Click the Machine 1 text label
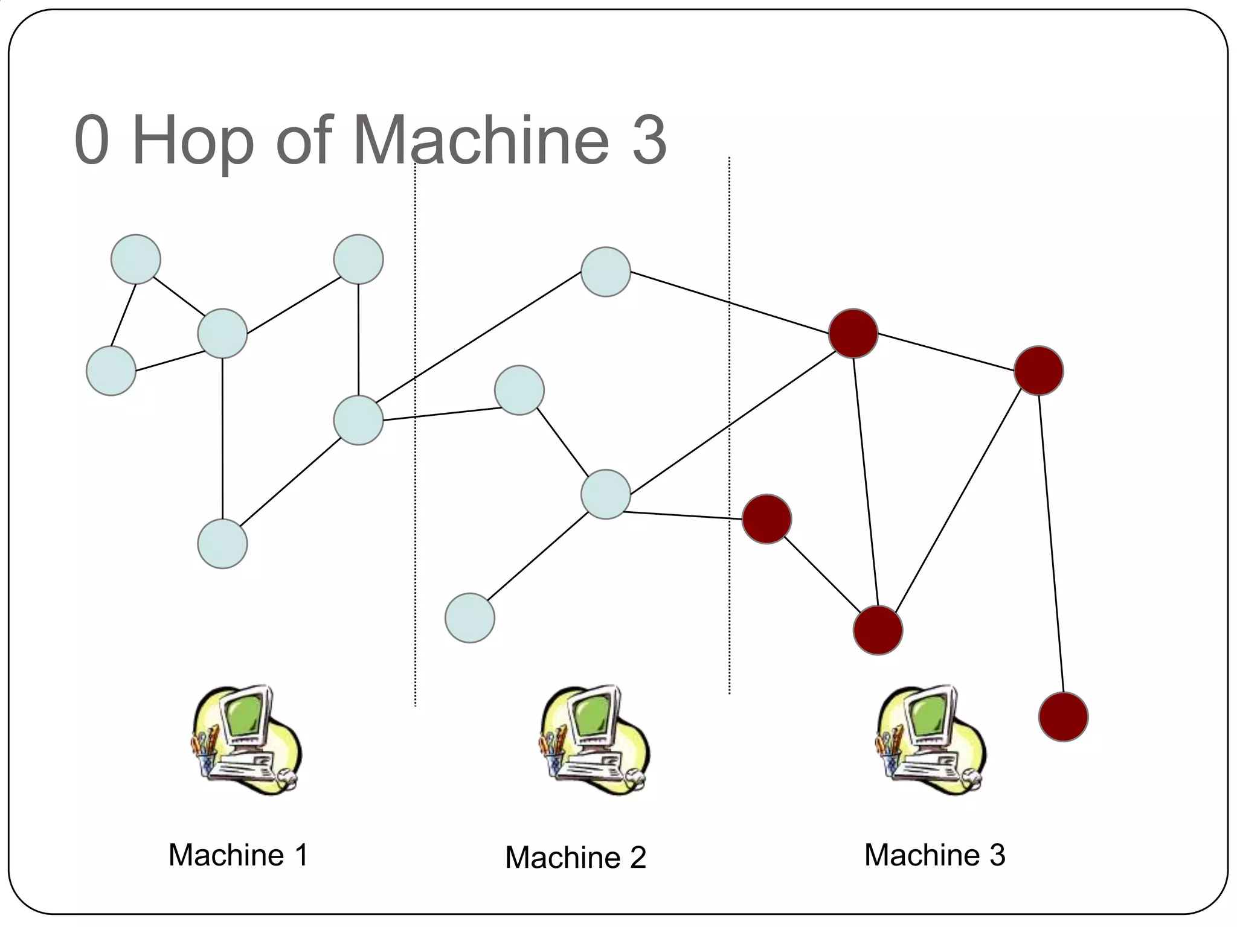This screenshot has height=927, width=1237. coord(238,855)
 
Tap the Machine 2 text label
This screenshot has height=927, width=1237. coord(575,857)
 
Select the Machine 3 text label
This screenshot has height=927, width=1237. coord(934,855)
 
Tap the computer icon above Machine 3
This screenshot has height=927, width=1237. coord(931,739)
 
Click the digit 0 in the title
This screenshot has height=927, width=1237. coord(92,140)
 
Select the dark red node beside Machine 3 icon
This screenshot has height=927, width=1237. coord(1063,716)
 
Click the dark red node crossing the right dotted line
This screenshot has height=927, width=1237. coord(766,519)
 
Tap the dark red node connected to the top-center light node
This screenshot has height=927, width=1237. coord(853,333)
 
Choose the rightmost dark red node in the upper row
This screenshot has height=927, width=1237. coord(1038,371)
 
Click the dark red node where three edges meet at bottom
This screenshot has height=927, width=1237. coord(878,630)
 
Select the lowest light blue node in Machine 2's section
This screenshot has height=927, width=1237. coord(470,618)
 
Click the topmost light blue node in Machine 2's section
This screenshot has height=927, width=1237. coord(606,272)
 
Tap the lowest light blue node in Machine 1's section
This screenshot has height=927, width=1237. coord(222,544)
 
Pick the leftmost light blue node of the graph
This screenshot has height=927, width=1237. coord(111,371)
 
